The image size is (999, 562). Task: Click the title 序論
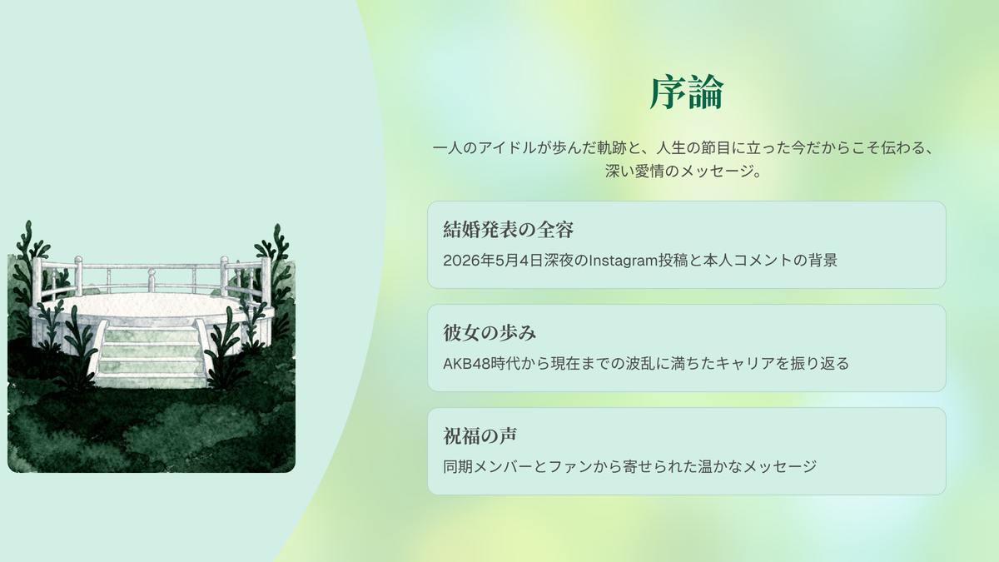pos(686,92)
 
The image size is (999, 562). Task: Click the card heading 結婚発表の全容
pos(509,230)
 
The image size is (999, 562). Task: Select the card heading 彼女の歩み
pos(490,333)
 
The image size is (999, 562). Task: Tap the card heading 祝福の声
pos(480,435)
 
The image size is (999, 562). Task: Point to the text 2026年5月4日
pos(493,261)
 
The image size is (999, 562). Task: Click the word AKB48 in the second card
pos(466,364)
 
